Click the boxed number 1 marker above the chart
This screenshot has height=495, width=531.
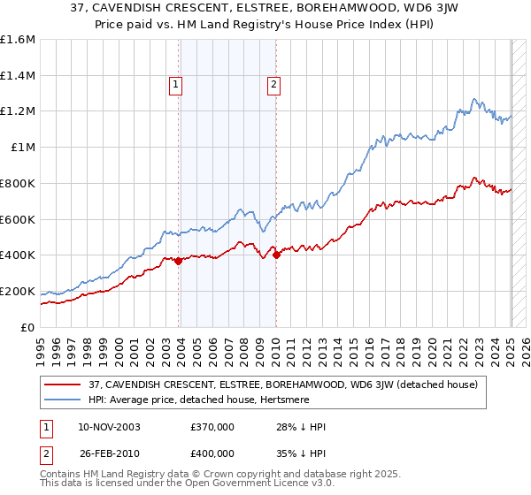tap(176, 85)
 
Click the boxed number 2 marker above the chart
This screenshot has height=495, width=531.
tap(273, 85)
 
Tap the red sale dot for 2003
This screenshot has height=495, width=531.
tap(179, 261)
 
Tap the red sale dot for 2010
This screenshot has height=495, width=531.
tap(276, 255)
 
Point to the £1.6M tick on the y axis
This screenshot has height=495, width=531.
tap(18, 40)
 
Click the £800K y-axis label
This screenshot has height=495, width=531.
tap(18, 184)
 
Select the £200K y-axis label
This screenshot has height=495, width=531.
tap(18, 291)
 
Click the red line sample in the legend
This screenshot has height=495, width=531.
tap(62, 385)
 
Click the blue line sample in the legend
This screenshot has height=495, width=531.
tap(62, 400)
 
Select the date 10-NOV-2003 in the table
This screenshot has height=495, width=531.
tap(108, 427)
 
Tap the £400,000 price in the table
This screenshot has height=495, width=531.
tap(212, 453)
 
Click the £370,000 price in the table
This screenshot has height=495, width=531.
tap(212, 427)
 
